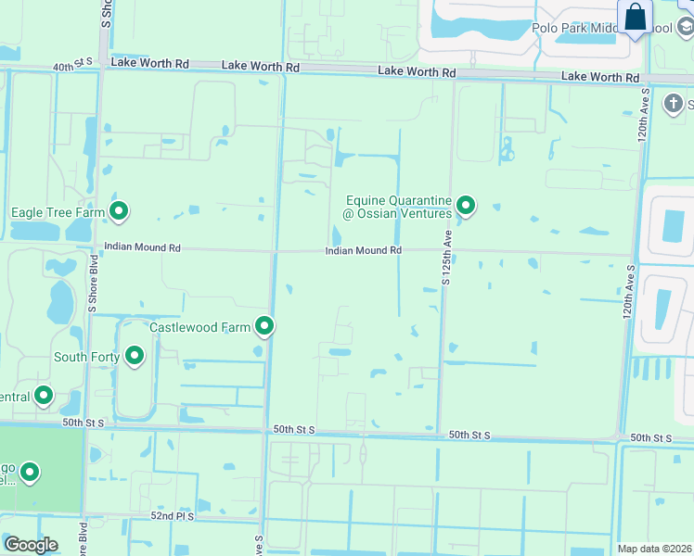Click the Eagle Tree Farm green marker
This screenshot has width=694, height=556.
pos(119,212)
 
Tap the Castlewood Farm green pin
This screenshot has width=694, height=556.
pos(265,326)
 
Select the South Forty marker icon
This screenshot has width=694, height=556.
pos(135,356)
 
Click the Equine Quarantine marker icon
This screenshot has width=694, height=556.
pos(466,206)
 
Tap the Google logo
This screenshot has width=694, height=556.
pos(30,545)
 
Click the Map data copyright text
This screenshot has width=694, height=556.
pos(654,549)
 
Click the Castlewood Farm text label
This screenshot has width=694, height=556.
pos(201,327)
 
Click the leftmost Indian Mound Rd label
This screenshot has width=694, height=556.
pos(142,247)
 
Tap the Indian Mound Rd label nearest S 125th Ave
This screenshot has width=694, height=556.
pos(363,251)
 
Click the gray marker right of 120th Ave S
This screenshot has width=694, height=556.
pos(675,103)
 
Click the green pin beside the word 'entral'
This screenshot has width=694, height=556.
pos(44,397)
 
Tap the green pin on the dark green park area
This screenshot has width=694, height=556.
pos(30,474)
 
